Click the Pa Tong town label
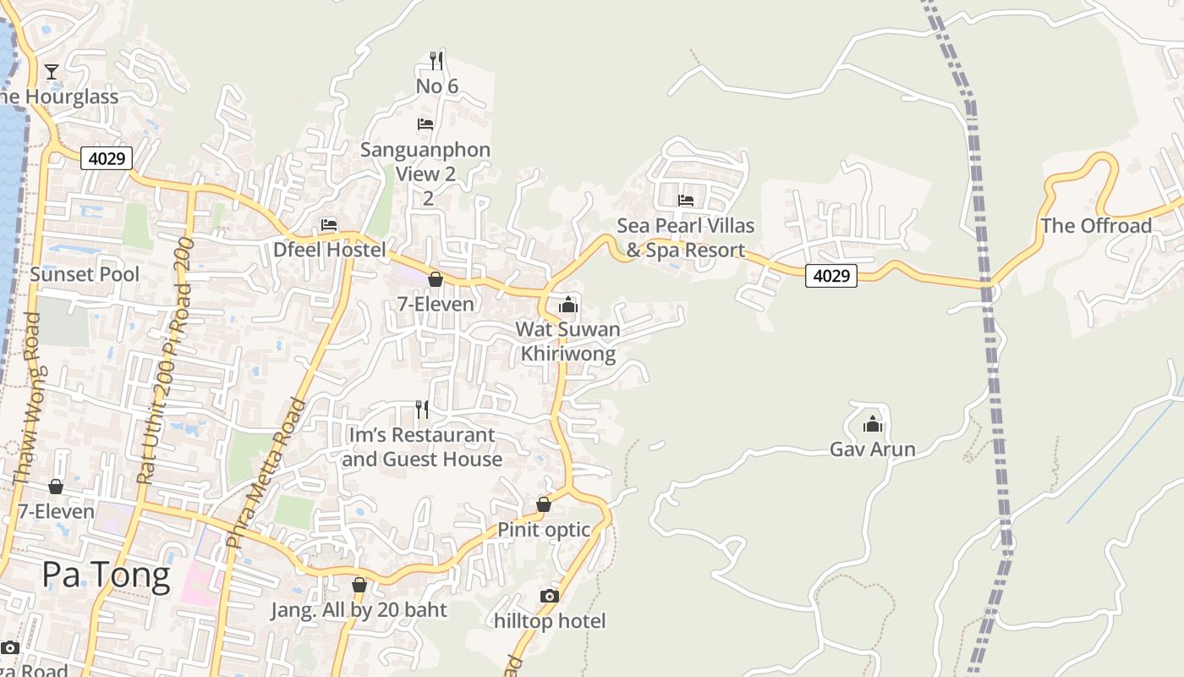(x=106, y=575)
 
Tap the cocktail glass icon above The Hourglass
(x=52, y=71)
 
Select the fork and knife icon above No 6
(x=436, y=60)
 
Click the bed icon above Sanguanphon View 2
(x=425, y=124)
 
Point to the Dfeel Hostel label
(x=329, y=250)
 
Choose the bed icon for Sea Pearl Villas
(x=686, y=201)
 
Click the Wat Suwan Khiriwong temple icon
(x=568, y=305)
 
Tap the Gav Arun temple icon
(x=873, y=423)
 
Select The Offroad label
(x=1096, y=226)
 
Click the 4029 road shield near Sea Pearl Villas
(x=830, y=275)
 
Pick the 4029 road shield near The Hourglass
(x=107, y=157)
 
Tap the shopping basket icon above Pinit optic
(x=544, y=504)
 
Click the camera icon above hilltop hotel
(x=550, y=596)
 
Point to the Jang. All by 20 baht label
(x=359, y=610)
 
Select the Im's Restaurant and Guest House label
(x=422, y=447)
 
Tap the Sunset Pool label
(x=85, y=274)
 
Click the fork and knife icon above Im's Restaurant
(x=422, y=410)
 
